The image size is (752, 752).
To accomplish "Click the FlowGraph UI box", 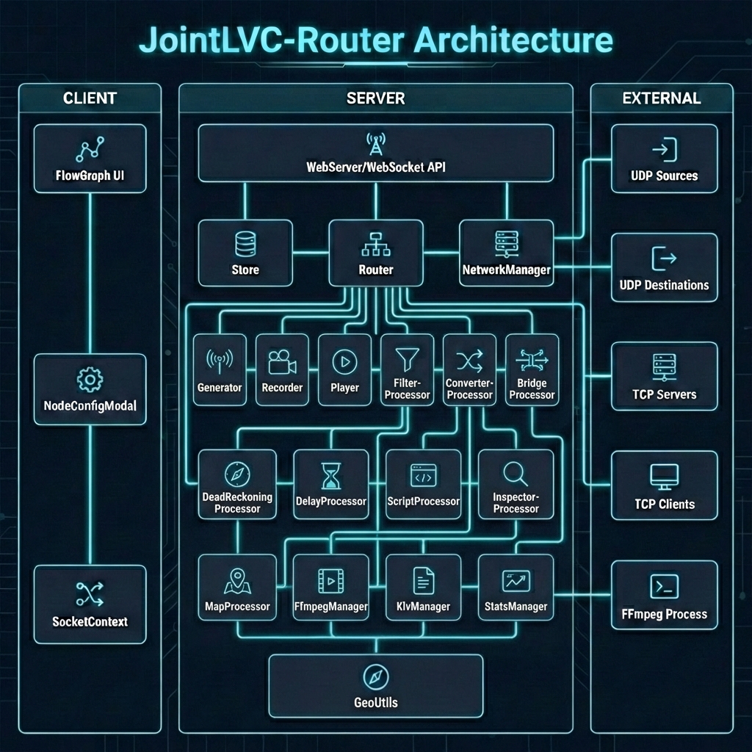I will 90,159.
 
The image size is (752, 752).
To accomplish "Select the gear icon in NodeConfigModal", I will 90,380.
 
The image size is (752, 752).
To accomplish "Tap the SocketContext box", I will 90,604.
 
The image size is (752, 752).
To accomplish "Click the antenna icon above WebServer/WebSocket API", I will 375,144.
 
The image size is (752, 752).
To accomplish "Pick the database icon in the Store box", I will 245,244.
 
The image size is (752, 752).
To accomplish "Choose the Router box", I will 375,253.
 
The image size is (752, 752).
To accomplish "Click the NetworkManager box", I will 506,253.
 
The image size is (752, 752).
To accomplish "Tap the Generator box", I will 220,369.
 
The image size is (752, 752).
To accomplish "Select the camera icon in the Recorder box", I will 282,361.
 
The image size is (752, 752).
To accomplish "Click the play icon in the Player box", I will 344,361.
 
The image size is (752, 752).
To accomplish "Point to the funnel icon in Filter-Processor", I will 407,360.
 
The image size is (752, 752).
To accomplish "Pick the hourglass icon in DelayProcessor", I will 330,476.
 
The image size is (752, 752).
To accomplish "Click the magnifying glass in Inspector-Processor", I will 516,474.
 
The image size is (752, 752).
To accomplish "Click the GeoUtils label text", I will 375,703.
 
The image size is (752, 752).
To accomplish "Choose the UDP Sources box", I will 664,159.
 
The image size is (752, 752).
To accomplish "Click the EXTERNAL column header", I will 661,98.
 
